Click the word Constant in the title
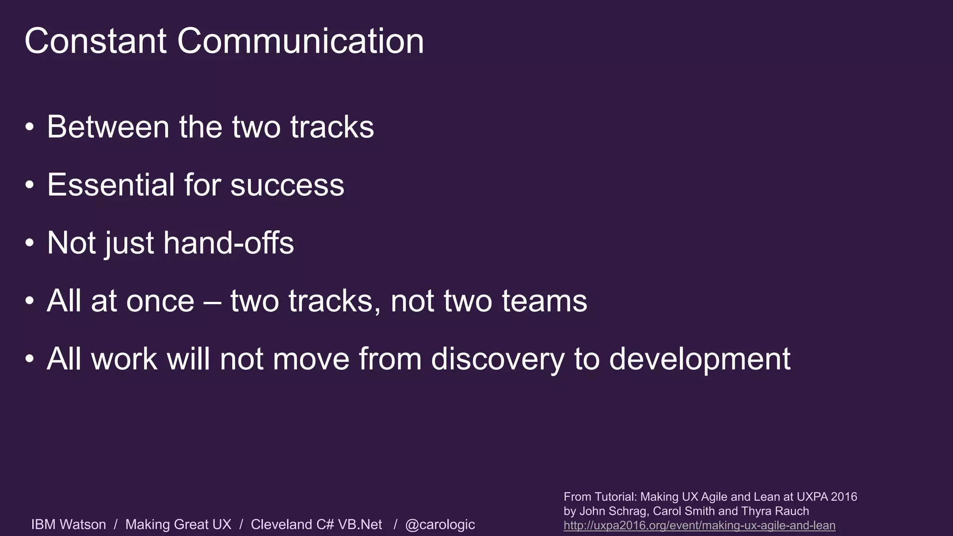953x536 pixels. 95,41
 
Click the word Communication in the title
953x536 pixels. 300,41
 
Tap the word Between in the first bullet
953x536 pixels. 108,127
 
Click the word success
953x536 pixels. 287,185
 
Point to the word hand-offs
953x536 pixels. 228,243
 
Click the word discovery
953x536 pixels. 497,359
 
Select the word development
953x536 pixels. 699,359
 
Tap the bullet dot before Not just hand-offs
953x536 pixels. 30,243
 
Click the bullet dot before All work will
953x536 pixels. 30,359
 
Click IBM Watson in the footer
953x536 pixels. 68,524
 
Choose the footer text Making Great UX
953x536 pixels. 178,524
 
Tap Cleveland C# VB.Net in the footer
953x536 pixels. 316,524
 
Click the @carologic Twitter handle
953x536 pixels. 440,524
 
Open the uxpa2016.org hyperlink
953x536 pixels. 699,526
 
